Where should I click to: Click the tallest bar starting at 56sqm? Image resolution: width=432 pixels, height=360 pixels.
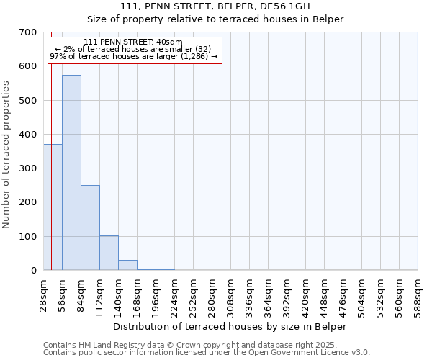[71, 173]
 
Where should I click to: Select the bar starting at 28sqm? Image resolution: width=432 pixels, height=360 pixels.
[53, 207]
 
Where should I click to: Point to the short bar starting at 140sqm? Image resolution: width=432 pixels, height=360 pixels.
[127, 265]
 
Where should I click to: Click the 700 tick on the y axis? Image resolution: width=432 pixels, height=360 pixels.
[28, 32]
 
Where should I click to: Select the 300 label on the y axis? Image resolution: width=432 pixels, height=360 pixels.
[28, 168]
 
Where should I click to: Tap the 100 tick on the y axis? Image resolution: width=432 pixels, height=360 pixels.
[28, 237]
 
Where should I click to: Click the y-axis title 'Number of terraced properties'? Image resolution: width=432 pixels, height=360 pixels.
[7, 155]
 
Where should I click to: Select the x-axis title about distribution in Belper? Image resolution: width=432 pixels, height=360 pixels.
[230, 326]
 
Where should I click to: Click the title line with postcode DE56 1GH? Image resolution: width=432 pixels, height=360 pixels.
[215, 6]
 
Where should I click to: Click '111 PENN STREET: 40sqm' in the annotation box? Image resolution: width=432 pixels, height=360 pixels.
[133, 42]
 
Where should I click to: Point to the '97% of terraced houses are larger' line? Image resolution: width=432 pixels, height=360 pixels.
[133, 56]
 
